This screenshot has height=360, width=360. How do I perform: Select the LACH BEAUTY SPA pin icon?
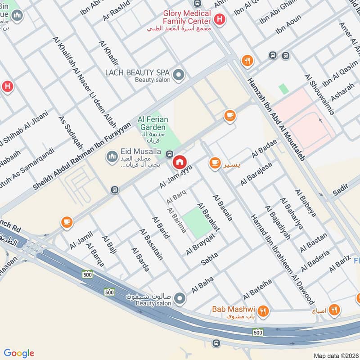[x=179, y=75]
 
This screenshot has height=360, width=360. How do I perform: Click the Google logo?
[x=19, y=353]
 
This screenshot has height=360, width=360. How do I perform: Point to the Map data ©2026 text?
[x=335, y=355]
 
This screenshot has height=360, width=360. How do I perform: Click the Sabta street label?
[x=209, y=258]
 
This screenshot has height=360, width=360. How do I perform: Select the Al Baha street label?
[x=202, y=285]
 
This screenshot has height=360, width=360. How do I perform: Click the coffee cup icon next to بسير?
[x=214, y=162]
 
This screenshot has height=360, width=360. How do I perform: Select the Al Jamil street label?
[x=81, y=240]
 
